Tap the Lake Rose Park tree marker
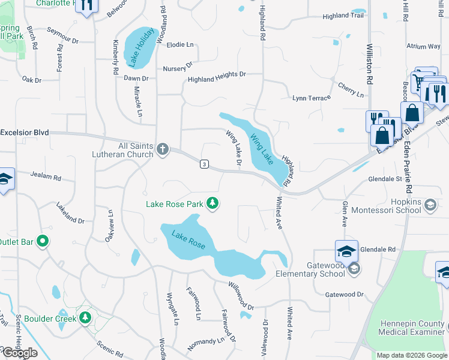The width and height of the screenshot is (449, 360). [x=212, y=204]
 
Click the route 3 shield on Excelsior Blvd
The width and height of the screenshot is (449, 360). [x=205, y=164]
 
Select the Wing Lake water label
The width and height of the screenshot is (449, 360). [x=262, y=149]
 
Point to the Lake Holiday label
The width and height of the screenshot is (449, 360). [x=139, y=47]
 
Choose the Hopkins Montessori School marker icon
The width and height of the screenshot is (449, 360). [x=430, y=206]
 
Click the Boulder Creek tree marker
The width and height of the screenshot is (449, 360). [x=85, y=317]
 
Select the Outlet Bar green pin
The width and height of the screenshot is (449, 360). [x=42, y=242]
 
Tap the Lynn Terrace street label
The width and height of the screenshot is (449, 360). [x=311, y=98]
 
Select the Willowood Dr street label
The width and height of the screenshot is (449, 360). [x=241, y=295]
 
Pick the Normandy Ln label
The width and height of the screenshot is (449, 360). [x=205, y=342]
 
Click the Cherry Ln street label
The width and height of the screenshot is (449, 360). [x=351, y=90]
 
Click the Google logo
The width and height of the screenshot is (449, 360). [x=19, y=353]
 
